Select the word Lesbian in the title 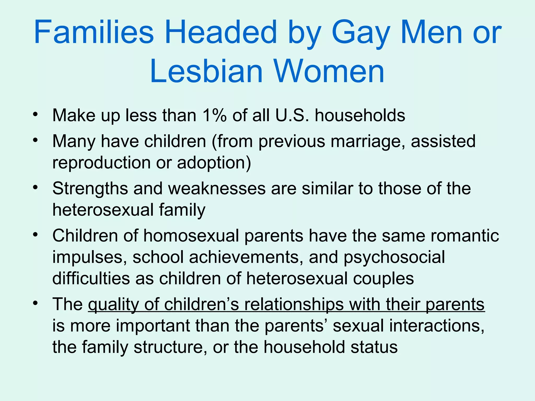pos(206,71)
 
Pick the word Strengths pos(90,188)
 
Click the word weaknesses pos(217,188)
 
